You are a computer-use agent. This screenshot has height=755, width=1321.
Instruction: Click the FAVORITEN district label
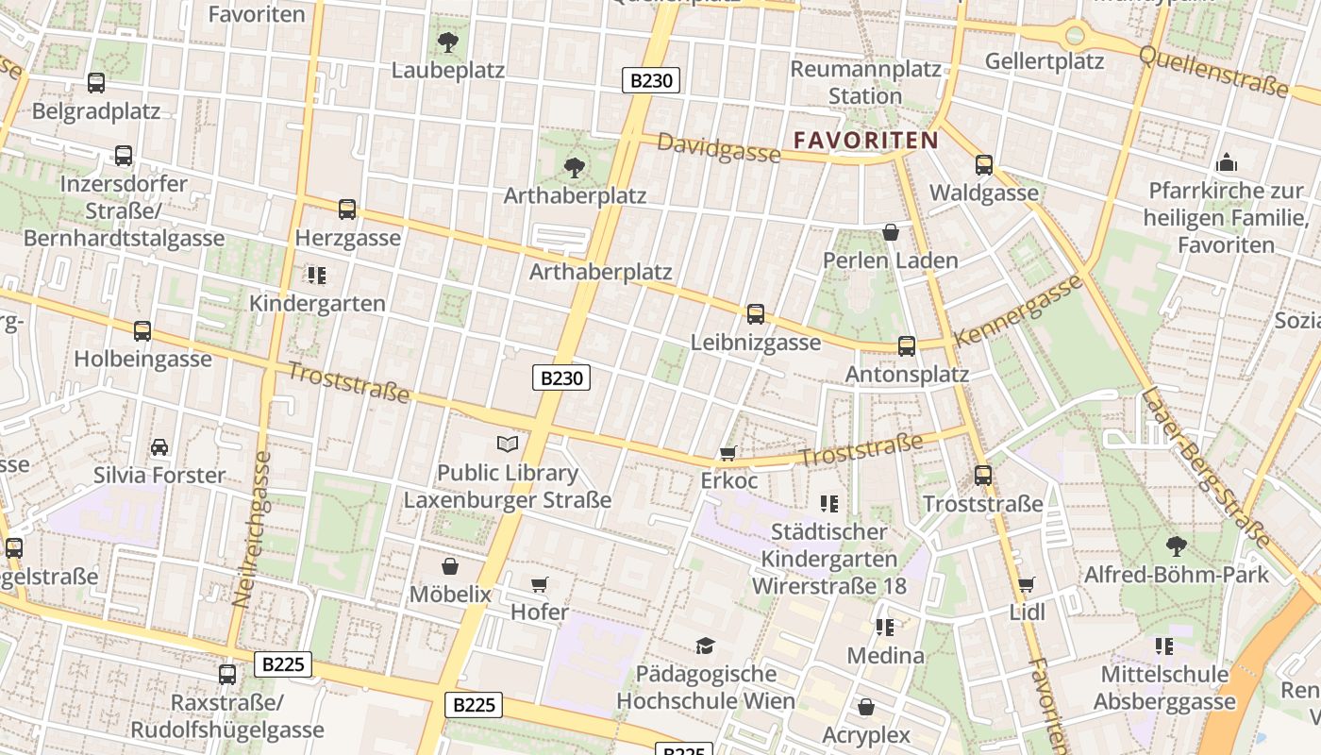865,141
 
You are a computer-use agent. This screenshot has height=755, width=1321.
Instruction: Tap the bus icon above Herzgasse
347,210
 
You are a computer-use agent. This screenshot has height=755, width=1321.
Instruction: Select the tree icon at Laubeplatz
448,42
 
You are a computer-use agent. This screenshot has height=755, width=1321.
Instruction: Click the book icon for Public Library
508,444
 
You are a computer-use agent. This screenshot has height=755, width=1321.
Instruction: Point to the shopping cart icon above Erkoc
727,454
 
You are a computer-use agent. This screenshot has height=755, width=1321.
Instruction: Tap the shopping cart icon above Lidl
1027,584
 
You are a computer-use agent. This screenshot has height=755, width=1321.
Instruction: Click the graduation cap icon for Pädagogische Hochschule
705,646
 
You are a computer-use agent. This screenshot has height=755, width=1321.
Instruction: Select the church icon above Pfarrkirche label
1226,162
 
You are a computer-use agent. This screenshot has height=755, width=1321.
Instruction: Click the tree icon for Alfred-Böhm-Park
1176,545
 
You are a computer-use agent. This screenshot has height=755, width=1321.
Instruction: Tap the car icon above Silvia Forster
159,446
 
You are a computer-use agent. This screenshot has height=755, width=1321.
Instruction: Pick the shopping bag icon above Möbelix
450,566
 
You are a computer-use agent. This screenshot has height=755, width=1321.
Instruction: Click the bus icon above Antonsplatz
907,345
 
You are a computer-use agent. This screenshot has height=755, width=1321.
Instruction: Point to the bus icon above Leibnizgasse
755,314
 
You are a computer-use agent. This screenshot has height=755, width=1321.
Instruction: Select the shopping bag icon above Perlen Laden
890,232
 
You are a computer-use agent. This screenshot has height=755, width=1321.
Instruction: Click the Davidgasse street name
719,147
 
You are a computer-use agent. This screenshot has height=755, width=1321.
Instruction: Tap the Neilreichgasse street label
250,528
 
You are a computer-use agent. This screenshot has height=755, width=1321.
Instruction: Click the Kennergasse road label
1018,311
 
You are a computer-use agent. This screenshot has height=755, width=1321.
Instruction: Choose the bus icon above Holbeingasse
142,331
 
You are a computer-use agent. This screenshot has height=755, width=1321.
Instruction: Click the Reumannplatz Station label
865,82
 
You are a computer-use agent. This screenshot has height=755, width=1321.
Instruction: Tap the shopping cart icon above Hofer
539,584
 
